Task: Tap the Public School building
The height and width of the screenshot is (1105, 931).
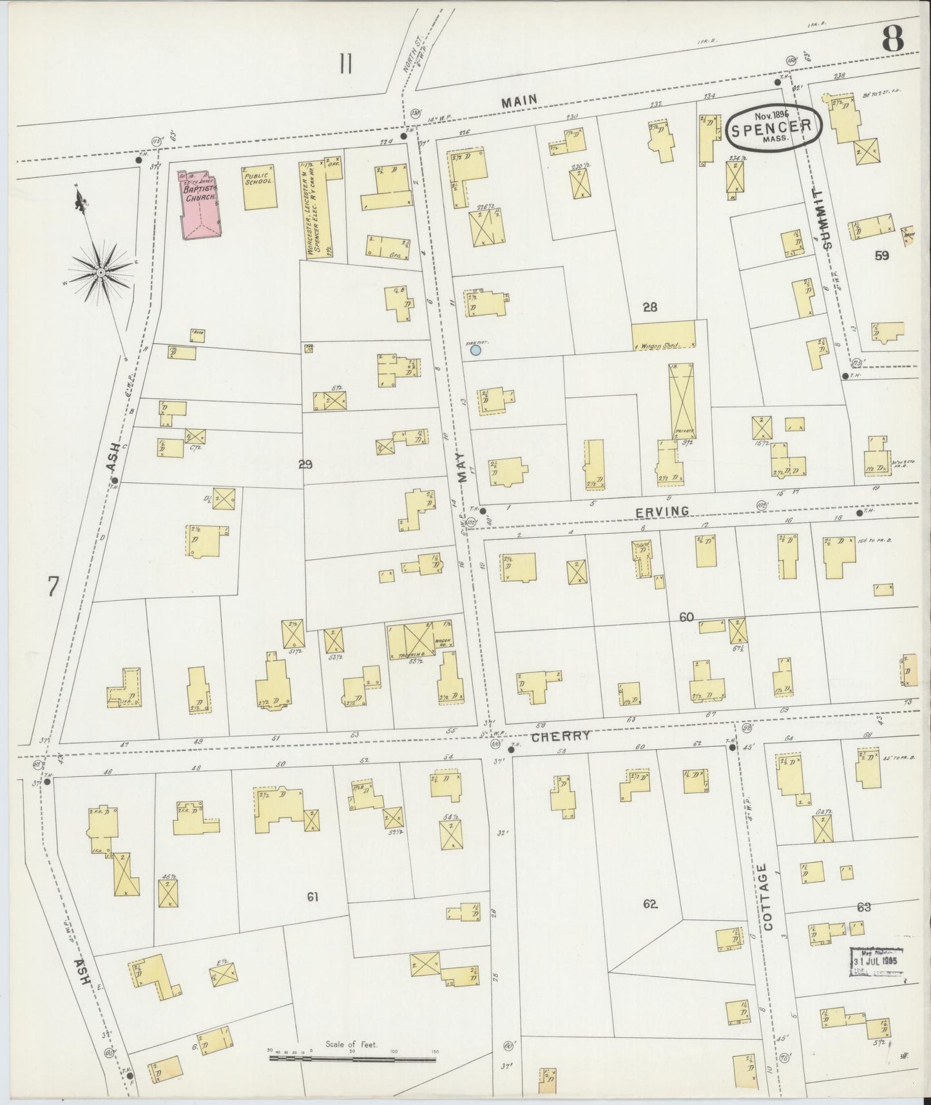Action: point(259,188)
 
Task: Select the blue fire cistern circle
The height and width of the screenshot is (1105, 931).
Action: point(475,350)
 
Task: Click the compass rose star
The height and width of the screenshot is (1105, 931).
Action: point(101,273)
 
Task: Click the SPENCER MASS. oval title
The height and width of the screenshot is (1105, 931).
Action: point(774,128)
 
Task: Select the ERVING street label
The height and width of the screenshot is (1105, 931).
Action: point(662,511)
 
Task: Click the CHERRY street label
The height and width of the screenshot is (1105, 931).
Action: point(561,736)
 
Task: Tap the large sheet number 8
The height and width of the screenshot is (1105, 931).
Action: point(892,40)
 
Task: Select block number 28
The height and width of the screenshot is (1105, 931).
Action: point(649,307)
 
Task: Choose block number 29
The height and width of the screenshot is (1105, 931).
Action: point(305,463)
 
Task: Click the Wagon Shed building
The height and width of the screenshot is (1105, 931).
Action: point(664,335)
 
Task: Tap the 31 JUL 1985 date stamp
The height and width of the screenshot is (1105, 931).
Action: point(876,959)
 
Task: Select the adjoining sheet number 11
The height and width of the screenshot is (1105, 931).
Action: point(346,65)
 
